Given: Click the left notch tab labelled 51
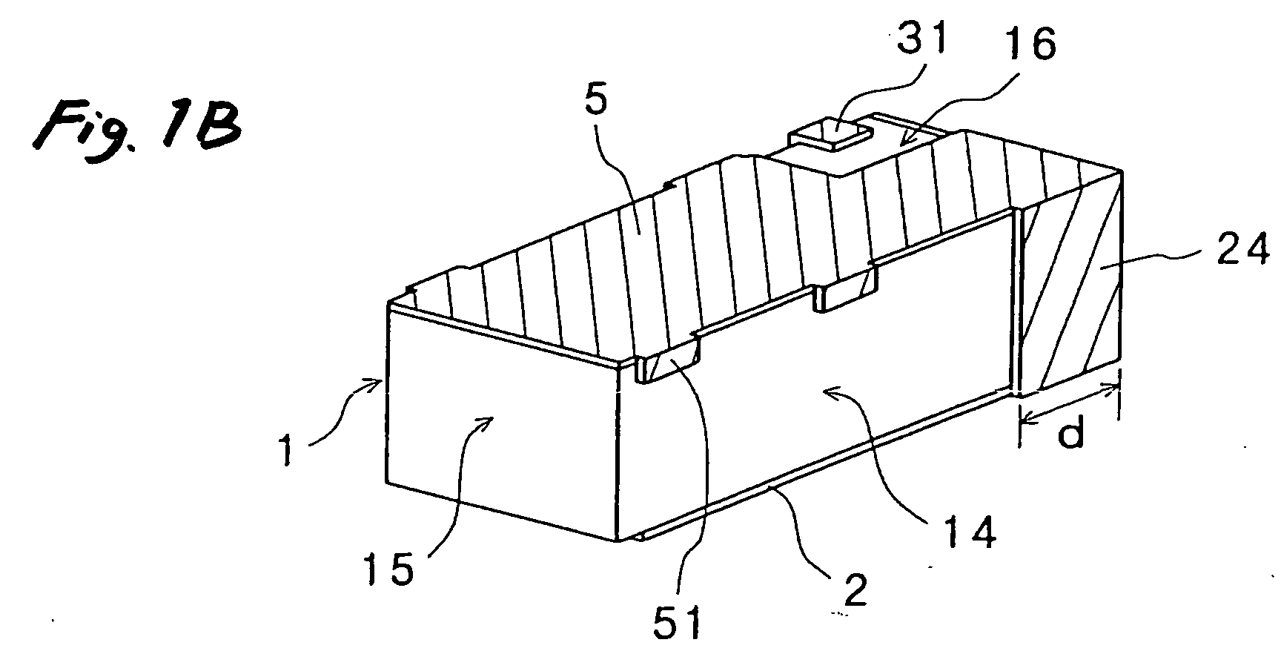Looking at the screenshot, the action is [x=669, y=369].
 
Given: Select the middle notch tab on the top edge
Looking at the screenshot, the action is [x=845, y=294].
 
